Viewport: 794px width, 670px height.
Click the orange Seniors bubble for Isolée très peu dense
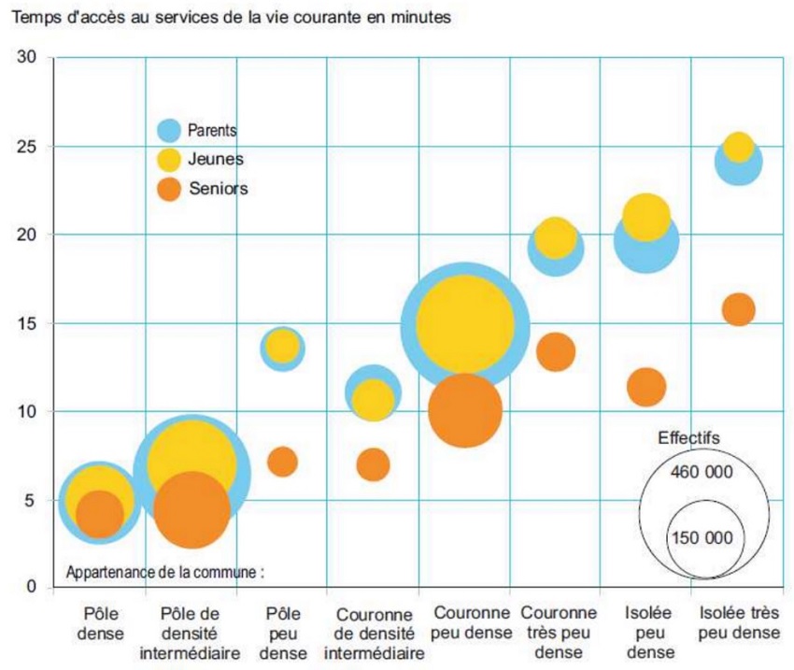pyautogui.click(x=738, y=308)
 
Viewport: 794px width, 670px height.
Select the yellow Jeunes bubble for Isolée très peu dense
pyautogui.click(x=738, y=147)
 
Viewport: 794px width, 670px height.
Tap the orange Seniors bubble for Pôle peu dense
pyautogui.click(x=282, y=461)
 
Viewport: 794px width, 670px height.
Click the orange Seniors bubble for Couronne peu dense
pyautogui.click(x=464, y=409)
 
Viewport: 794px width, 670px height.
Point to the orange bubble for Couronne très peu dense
pyautogui.click(x=556, y=352)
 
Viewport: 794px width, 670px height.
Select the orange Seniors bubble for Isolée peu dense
pyautogui.click(x=646, y=386)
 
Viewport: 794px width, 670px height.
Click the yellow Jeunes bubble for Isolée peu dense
pyautogui.click(x=646, y=217)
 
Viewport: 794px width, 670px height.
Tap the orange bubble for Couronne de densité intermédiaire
pyautogui.click(x=373, y=463)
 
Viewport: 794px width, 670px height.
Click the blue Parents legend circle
pyautogui.click(x=170, y=131)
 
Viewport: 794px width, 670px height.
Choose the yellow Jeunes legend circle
pyautogui.click(x=170, y=160)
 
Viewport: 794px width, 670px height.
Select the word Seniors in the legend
pyautogui.click(x=218, y=189)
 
